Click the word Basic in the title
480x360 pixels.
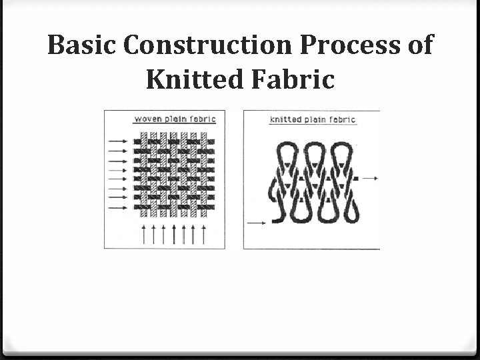click(83, 45)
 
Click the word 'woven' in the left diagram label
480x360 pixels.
click(149, 119)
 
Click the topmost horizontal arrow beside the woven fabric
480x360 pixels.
click(117, 141)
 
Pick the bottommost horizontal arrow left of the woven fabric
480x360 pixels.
click(117, 206)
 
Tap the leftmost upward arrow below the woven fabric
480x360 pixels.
click(145, 234)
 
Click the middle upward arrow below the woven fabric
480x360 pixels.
click(174, 234)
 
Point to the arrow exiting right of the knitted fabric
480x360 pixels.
click(369, 178)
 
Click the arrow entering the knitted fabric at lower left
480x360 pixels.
click(258, 221)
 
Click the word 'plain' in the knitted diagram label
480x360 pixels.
click(316, 120)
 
